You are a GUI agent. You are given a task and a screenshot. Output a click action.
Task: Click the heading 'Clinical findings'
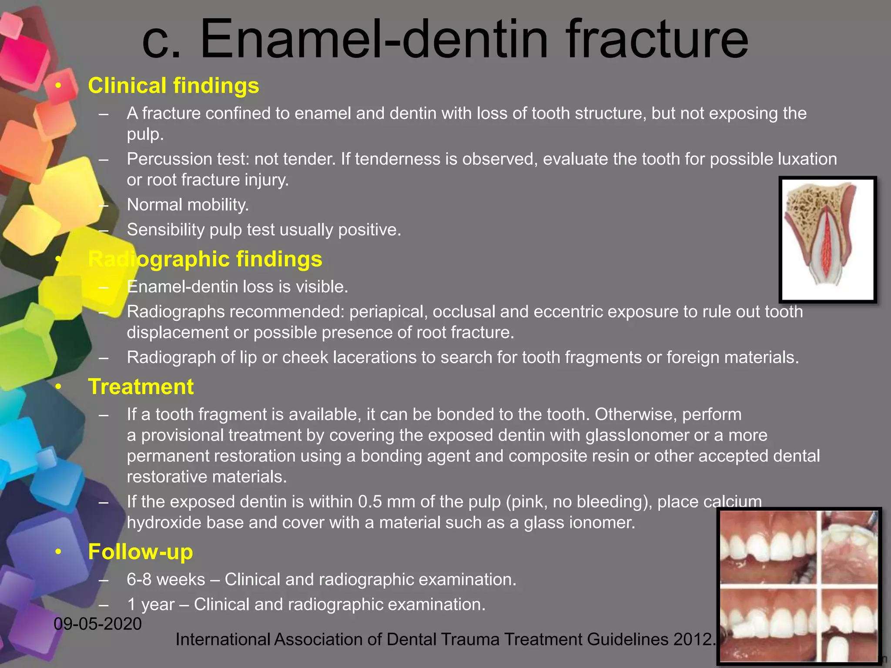(x=173, y=86)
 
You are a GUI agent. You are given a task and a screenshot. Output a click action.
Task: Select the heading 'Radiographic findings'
(x=205, y=259)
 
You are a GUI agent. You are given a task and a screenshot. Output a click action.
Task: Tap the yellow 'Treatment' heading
(x=141, y=387)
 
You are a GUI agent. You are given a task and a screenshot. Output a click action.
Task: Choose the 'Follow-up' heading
(x=140, y=552)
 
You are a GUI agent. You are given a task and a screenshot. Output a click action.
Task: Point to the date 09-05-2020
(x=98, y=624)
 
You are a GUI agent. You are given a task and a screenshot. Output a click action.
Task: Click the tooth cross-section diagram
(x=827, y=239)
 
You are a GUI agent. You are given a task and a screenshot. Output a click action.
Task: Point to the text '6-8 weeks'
(x=166, y=580)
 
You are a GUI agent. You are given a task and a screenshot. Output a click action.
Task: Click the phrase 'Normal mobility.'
(x=188, y=205)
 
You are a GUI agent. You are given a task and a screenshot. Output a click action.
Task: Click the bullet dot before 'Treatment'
(x=59, y=387)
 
